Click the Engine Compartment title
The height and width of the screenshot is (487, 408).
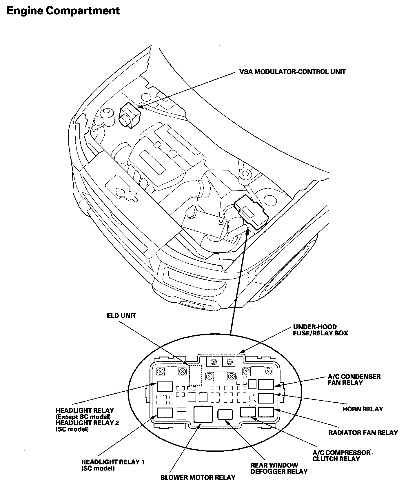click(63, 11)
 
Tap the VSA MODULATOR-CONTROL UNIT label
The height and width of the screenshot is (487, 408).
click(292, 72)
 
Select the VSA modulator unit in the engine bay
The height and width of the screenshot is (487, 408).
click(130, 116)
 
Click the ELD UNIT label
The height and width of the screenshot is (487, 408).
click(121, 316)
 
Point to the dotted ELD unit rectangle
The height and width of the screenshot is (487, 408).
click(195, 375)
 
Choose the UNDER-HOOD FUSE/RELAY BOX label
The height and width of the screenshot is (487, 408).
click(320, 330)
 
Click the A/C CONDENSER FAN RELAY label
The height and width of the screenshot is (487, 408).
click(354, 379)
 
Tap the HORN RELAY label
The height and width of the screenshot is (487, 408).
click(363, 409)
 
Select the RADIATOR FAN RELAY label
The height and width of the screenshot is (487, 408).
click(363, 433)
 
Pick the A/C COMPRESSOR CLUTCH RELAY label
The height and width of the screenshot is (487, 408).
click(341, 456)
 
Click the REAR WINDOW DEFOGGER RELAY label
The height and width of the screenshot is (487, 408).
click(279, 468)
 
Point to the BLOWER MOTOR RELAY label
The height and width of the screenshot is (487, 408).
click(198, 477)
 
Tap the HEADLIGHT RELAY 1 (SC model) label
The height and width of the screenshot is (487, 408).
click(113, 465)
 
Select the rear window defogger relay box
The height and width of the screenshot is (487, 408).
click(225, 414)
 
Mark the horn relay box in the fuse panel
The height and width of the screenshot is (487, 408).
click(266, 398)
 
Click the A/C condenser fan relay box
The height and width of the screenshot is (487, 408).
click(266, 384)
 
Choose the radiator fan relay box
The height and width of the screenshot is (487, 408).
click(266, 411)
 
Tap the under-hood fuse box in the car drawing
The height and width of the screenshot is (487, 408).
click(251, 213)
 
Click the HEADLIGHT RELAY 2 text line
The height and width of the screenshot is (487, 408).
click(87, 423)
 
